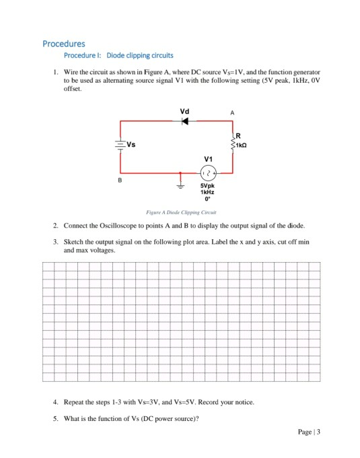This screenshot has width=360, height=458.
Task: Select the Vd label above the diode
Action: click(184, 110)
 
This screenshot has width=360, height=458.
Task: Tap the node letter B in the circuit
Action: click(120, 181)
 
